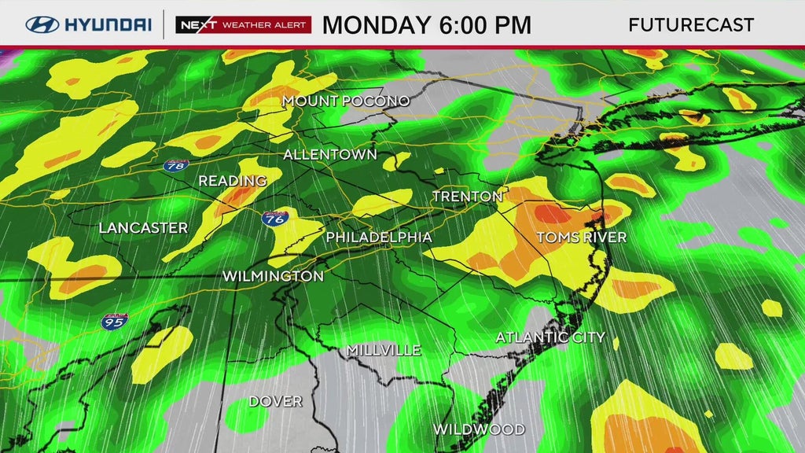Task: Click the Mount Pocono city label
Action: point(346,101)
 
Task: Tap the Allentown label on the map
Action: point(329,154)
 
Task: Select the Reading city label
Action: point(232,181)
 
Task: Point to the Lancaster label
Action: point(143,228)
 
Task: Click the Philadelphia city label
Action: point(379,237)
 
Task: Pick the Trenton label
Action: point(467,196)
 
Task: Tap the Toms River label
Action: point(581,237)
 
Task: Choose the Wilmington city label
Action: point(273,276)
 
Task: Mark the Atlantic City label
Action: point(550,337)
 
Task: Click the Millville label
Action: point(384,350)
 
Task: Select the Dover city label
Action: point(275,401)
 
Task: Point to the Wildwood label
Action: point(479,429)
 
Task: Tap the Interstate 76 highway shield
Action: point(274,219)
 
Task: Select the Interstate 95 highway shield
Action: point(112,320)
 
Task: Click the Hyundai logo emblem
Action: point(42,24)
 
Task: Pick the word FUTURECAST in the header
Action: point(691,24)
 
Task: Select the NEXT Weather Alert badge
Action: point(243,24)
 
